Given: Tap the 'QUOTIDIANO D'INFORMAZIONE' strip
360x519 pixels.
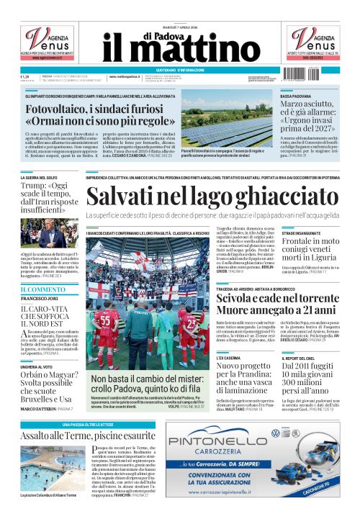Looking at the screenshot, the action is point(180,69).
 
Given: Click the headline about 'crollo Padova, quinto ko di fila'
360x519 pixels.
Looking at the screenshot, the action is point(150,384).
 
